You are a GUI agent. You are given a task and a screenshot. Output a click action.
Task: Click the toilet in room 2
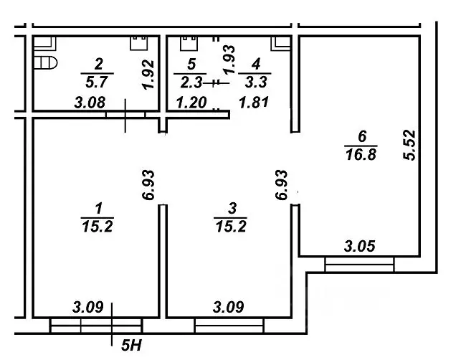point(45,62)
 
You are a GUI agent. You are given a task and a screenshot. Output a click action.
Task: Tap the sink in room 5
point(189,43)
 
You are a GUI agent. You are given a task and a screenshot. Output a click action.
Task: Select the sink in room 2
point(139,43)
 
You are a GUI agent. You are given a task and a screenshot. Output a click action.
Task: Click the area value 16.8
point(361,155)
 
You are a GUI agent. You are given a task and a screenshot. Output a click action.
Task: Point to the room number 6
point(362,136)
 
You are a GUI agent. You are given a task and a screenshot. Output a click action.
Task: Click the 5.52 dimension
point(410,145)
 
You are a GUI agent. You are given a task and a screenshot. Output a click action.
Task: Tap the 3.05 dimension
point(360,247)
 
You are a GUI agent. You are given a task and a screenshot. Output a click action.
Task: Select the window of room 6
point(360,265)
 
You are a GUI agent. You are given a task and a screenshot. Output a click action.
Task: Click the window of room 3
point(229,325)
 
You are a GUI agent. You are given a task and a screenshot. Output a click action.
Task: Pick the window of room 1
point(97,325)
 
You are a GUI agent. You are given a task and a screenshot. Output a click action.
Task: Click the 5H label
point(132,346)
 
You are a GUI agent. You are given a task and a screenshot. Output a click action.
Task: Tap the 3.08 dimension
point(90,103)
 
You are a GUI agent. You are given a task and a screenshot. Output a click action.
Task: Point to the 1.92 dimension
point(148,75)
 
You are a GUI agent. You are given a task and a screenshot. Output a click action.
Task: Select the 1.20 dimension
point(191,103)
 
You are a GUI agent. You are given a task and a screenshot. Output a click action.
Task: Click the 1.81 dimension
point(254,103)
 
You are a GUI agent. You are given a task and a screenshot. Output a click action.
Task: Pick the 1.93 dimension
point(229,60)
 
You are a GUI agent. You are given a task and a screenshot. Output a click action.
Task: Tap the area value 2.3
point(191,82)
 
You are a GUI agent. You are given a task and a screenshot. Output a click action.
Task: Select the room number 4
point(256,64)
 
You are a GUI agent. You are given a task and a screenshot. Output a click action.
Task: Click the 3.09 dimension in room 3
point(229,308)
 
